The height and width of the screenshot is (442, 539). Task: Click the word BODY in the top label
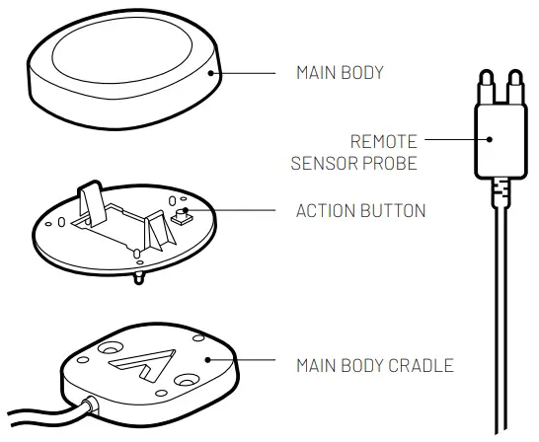(x=362, y=73)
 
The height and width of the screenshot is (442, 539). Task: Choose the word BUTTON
(x=392, y=210)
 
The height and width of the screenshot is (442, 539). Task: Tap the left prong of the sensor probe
(x=484, y=85)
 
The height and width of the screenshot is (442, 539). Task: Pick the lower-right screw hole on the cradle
(x=185, y=379)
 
